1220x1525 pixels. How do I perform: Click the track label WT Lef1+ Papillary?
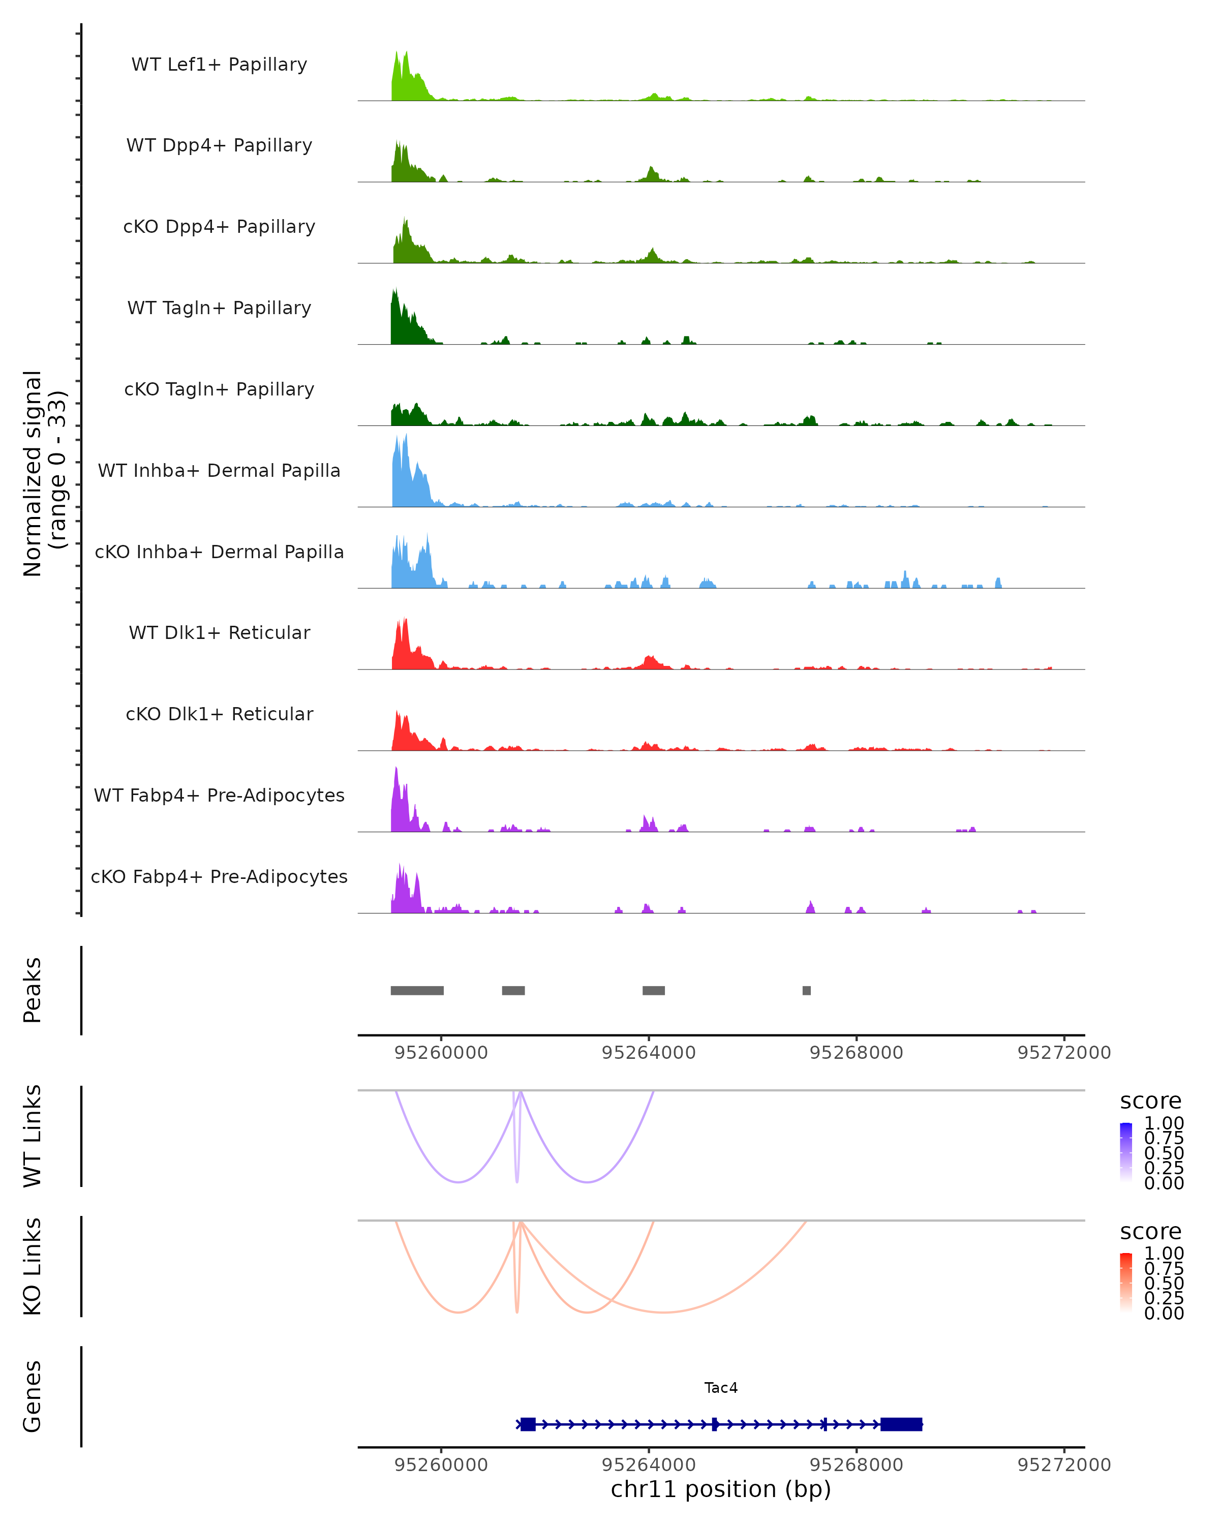tap(219, 65)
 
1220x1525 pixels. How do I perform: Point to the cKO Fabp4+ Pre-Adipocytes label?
tap(219, 876)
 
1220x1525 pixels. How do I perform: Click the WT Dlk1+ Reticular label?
tap(219, 632)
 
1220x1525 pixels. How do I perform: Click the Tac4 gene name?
tap(721, 1388)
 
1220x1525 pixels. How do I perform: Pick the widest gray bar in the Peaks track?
tap(417, 990)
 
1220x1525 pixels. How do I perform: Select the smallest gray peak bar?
tap(806, 990)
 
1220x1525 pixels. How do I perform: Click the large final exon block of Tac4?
tap(901, 1424)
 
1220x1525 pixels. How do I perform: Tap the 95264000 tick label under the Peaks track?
tap(649, 1053)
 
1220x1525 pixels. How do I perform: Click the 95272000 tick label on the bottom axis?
tap(1064, 1465)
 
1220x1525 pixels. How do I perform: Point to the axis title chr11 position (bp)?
tap(721, 1489)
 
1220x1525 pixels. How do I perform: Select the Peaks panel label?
tap(33, 990)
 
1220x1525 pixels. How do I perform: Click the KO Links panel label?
tap(33, 1267)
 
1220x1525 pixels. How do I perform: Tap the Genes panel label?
tap(33, 1396)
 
